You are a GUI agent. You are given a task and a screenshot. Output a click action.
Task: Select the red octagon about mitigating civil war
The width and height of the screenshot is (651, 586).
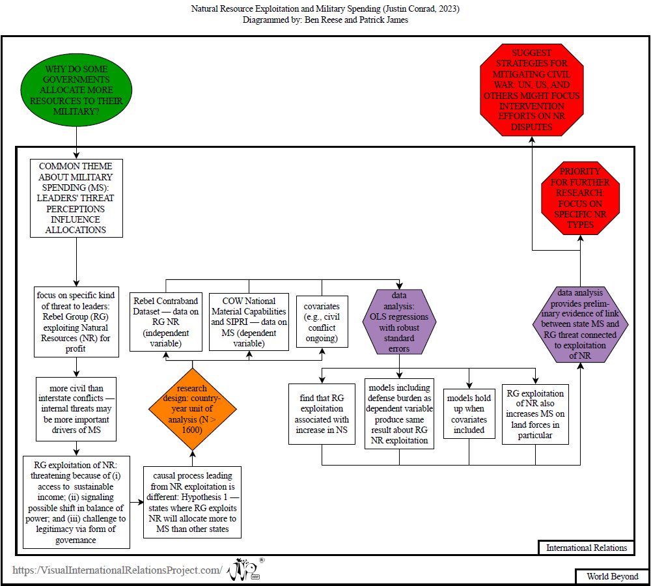point(531,90)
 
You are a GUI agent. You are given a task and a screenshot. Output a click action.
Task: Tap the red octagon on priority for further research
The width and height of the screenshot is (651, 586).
point(580,199)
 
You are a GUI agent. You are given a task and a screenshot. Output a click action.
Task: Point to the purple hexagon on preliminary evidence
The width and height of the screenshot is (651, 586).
point(580,324)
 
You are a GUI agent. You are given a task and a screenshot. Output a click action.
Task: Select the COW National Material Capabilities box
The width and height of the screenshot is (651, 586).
point(249,322)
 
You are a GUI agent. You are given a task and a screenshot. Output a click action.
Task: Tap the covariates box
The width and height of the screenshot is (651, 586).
point(322,322)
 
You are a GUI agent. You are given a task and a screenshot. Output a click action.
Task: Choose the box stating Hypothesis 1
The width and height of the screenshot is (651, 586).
point(192,501)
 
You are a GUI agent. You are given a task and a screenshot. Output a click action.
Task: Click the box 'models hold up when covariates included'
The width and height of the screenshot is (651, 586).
point(469,412)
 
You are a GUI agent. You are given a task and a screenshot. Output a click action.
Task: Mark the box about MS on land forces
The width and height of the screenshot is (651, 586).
point(535,413)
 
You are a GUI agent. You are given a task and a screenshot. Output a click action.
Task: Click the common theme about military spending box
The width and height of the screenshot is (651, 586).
point(76,199)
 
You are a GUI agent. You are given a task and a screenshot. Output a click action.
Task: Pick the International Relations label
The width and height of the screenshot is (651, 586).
point(586,548)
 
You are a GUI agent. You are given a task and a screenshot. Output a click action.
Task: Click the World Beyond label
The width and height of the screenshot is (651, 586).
point(612,576)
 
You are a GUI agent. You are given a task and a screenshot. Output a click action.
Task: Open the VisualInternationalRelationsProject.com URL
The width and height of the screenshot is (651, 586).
point(117,570)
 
